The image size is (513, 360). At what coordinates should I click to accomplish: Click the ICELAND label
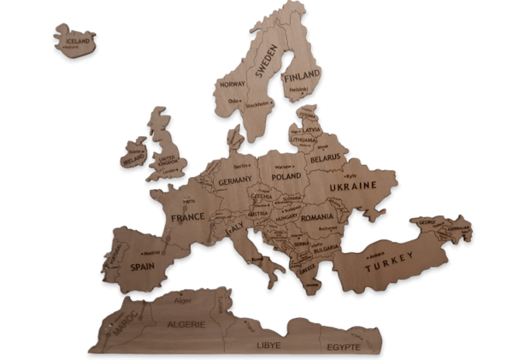point(77,40)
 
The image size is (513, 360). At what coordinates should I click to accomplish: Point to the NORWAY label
point(233,86)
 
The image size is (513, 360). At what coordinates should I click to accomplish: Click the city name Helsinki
point(298,89)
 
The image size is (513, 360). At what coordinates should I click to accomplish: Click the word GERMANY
point(234,181)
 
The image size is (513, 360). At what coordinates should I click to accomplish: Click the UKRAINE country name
point(354,186)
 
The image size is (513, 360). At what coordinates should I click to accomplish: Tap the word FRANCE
point(188,217)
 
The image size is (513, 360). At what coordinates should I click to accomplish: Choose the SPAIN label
point(142,266)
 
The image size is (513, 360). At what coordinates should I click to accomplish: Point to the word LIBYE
point(268,346)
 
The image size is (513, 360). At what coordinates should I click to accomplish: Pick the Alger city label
point(183,300)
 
